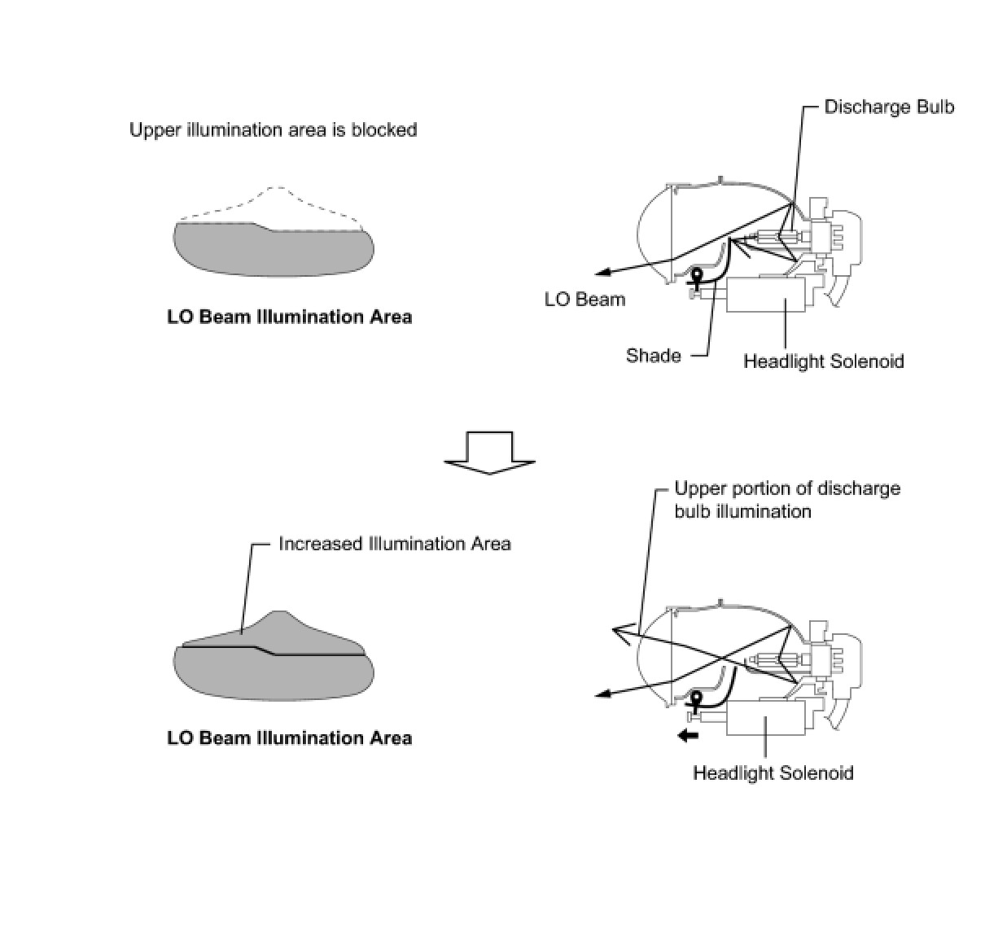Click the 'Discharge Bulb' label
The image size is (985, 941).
pos(889,107)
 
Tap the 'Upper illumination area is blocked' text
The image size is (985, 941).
pos(274,129)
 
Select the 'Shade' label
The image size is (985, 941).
pos(654,356)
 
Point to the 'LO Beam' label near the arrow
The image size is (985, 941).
pos(584,300)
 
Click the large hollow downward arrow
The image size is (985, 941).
pos(489,453)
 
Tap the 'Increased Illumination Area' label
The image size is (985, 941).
pos(395,544)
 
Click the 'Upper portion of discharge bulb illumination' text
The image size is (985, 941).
pos(788,500)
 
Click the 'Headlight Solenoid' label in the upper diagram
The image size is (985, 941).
pos(824,361)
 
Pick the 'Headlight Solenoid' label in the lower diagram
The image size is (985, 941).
pos(773,773)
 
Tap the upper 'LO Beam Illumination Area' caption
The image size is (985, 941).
pos(290,317)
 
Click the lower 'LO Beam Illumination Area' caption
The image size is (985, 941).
pos(290,738)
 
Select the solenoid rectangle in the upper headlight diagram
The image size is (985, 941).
pos(765,294)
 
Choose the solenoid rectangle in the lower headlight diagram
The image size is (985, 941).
pos(765,717)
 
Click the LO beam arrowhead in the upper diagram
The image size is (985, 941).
pos(603,273)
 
